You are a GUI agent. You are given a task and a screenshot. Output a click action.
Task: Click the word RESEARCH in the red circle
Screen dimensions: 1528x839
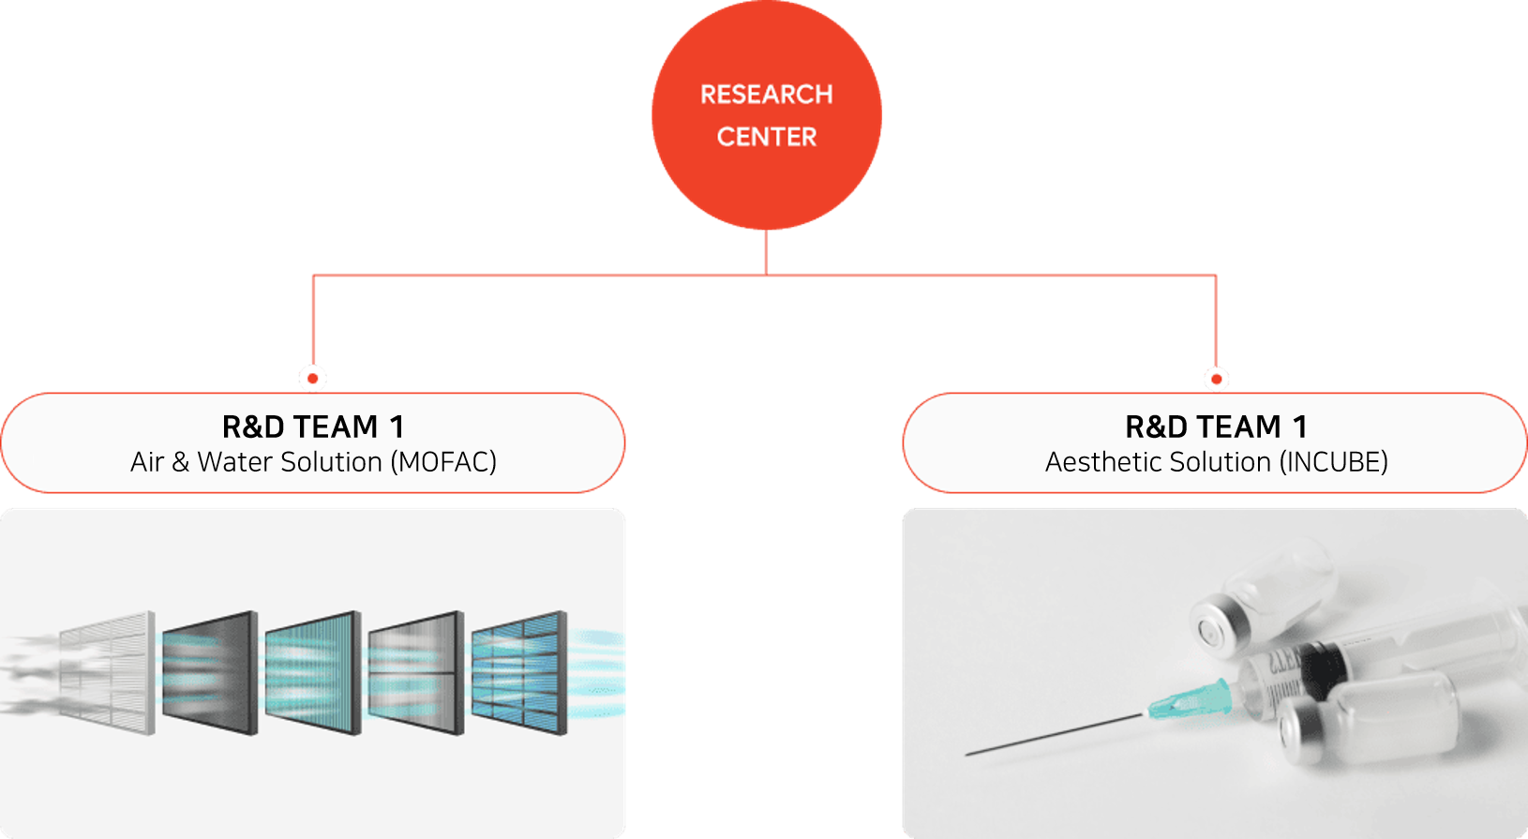(x=766, y=95)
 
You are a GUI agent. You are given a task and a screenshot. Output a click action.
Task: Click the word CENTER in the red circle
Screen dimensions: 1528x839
(x=766, y=137)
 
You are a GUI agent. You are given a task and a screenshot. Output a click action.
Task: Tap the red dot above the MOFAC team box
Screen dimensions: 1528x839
(x=312, y=379)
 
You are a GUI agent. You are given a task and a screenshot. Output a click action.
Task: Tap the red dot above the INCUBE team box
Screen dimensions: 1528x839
(x=1216, y=380)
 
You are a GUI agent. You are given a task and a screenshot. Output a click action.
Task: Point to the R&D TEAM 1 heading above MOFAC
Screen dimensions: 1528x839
(x=313, y=427)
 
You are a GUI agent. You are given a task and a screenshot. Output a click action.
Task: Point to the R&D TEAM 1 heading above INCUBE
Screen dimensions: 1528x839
(x=1216, y=427)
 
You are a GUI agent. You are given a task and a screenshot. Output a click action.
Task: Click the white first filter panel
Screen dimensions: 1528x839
(x=107, y=672)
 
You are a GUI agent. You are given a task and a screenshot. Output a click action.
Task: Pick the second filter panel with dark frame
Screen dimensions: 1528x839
(x=210, y=672)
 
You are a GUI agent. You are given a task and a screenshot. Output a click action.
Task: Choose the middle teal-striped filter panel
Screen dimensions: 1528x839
(x=313, y=672)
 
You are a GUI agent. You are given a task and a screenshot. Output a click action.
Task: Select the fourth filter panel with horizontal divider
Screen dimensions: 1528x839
(x=416, y=672)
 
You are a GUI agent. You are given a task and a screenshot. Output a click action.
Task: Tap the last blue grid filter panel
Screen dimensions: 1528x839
(x=519, y=672)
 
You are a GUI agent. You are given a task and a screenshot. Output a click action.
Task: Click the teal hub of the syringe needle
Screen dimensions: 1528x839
(x=1190, y=700)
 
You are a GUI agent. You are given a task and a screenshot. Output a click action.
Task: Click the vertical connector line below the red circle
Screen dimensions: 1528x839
(x=766, y=252)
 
